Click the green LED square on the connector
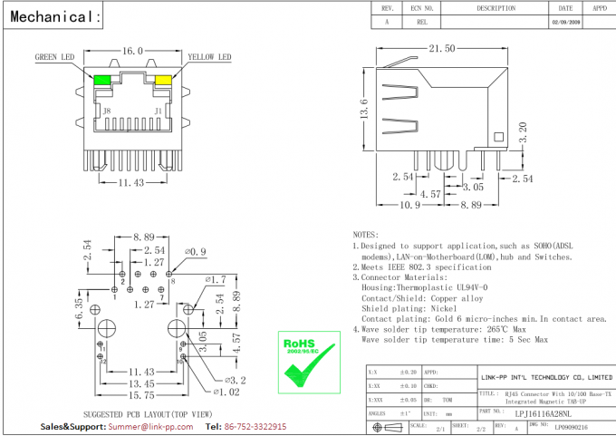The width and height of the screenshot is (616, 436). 101,80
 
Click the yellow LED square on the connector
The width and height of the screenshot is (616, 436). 163,80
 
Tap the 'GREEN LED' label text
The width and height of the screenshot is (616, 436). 54,57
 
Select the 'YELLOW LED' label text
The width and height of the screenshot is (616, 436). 209,57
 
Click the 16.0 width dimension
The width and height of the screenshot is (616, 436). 132,52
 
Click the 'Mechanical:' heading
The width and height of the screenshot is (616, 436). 52,16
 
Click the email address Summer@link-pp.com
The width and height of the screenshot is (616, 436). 137,426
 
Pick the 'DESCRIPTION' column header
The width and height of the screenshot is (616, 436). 496,7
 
